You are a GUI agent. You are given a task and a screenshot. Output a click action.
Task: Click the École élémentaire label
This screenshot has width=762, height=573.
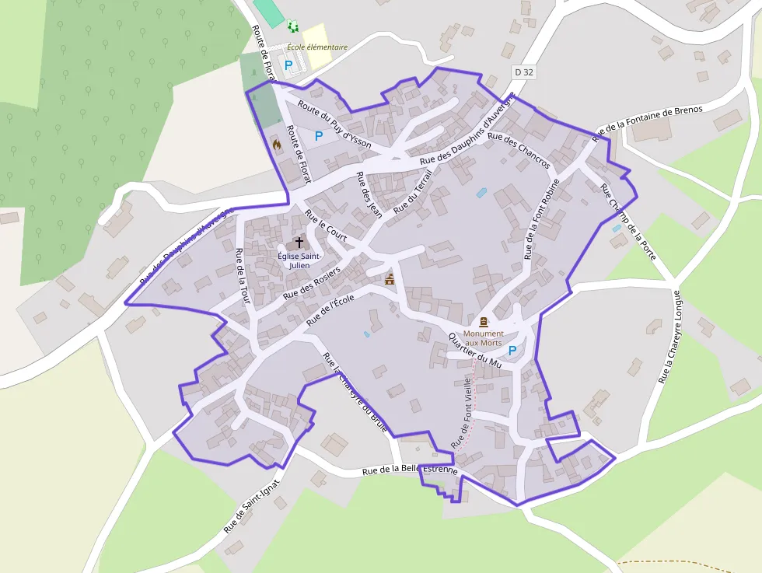316,47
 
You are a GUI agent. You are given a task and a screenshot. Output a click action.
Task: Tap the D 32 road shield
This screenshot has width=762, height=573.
524,72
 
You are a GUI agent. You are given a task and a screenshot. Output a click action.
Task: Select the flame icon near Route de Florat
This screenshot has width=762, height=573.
276,144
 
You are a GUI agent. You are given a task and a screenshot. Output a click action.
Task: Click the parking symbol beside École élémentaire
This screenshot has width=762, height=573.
288,65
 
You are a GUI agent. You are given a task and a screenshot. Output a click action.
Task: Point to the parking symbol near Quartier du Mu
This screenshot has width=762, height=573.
512,351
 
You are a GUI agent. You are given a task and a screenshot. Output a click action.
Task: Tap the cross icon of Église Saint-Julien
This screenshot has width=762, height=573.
299,243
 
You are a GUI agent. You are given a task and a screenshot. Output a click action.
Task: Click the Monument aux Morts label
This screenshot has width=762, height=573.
484,338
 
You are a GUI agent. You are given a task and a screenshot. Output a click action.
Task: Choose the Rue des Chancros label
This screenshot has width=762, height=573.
522,152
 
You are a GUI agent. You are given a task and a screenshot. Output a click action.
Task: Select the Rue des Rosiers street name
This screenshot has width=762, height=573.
311,284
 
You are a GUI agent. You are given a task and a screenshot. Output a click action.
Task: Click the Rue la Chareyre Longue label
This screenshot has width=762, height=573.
669,337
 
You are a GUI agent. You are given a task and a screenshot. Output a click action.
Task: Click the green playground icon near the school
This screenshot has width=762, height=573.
293,27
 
